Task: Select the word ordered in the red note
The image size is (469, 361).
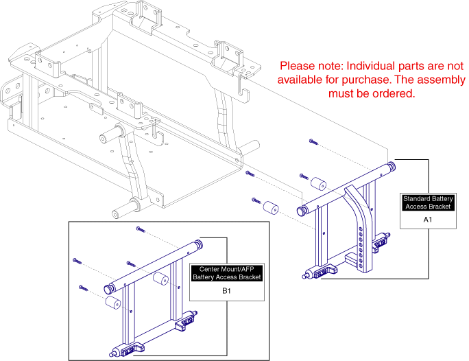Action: coord(392,94)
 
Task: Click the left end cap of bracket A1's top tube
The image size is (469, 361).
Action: coord(301,209)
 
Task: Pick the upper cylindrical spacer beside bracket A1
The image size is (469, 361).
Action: coord(318,184)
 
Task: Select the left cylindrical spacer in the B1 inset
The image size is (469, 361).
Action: coord(112,302)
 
